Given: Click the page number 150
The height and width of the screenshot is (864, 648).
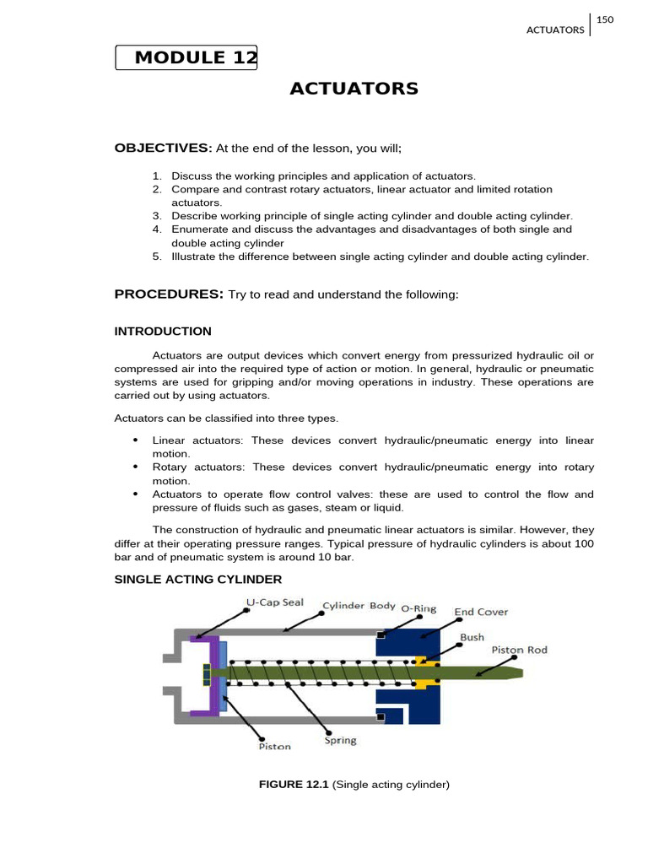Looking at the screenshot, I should [605, 19].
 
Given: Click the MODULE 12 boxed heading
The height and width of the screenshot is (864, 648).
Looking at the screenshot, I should [186, 57].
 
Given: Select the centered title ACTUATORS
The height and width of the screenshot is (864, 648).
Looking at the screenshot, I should [354, 89].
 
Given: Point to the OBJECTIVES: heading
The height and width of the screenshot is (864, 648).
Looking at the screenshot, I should [164, 148].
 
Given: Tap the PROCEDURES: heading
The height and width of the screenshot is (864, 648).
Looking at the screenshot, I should [169, 294].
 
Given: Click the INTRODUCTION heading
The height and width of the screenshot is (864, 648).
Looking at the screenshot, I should [163, 331].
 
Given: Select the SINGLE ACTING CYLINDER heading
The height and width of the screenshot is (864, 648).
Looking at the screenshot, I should [198, 579].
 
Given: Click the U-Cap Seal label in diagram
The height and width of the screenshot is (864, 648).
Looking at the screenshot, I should [274, 603].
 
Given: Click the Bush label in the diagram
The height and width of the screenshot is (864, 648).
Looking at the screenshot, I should [472, 639].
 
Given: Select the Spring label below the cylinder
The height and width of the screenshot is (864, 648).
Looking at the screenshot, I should [341, 741].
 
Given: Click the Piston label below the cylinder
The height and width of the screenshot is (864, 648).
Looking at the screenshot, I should [275, 746].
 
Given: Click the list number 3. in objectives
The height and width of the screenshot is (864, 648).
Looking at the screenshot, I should [157, 216].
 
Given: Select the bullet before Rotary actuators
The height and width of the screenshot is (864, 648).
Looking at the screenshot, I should [135, 467].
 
